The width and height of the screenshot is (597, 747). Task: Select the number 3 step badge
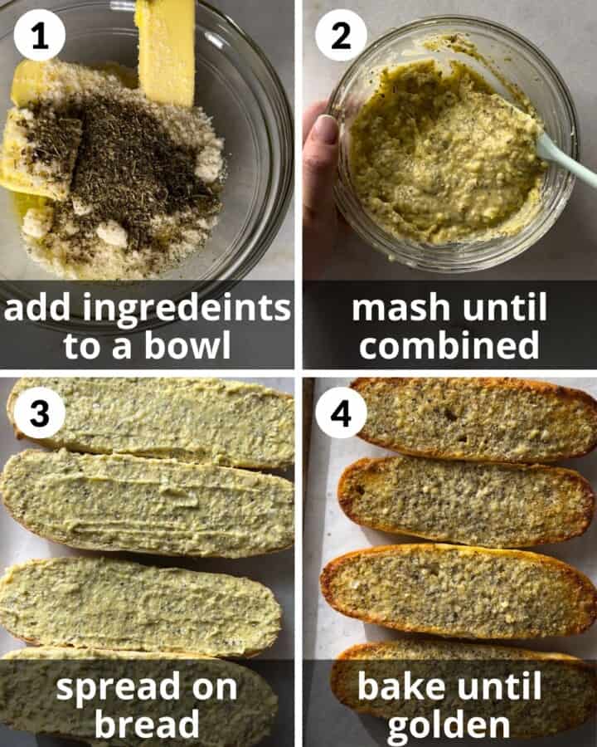pyautogui.click(x=39, y=413)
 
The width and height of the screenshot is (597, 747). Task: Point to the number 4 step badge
pyautogui.click(x=341, y=413)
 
